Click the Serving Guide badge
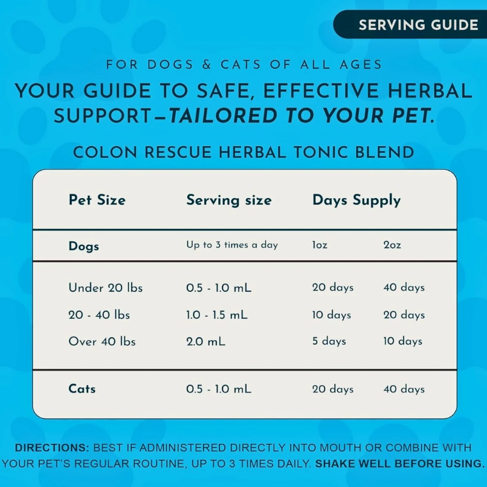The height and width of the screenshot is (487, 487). [418, 25]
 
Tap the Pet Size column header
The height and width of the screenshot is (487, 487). [97, 200]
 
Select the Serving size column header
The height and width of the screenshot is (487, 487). [229, 200]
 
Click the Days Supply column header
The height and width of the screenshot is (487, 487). [356, 200]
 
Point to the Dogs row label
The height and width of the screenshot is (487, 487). [83, 246]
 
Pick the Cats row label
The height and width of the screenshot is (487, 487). [82, 389]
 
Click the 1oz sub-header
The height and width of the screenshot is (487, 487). [320, 245]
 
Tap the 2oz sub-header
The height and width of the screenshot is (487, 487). [392, 245]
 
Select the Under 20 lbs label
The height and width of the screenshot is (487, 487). [106, 288]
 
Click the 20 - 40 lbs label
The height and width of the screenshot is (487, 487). [99, 315]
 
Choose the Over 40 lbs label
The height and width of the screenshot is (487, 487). [102, 341]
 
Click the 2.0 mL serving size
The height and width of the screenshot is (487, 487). [206, 341]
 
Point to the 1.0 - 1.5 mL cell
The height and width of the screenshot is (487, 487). [217, 315]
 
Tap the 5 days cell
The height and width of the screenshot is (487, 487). [329, 341]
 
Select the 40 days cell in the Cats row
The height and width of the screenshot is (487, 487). [404, 389]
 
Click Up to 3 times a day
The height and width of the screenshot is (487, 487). [232, 245]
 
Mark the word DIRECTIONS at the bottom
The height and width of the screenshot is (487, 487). [52, 448]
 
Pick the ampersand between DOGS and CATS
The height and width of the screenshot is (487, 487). [207, 64]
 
